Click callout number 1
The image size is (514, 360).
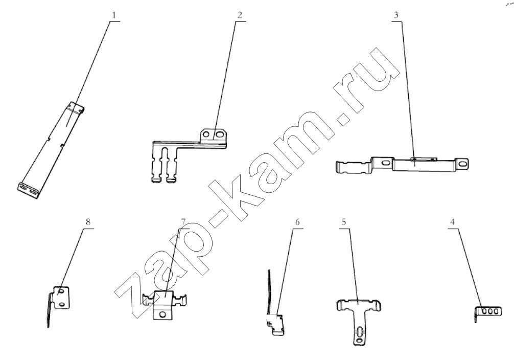click(x=114, y=15)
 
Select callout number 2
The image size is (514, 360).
click(x=240, y=15)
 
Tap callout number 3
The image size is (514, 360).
click(x=396, y=15)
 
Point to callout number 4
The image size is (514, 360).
click(x=452, y=222)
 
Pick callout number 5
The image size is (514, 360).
click(x=343, y=222)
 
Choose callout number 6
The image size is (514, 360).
click(x=297, y=222)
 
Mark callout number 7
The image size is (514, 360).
click(x=183, y=222)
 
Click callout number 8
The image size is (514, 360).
click(x=88, y=222)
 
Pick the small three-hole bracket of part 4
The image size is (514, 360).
click(x=488, y=312)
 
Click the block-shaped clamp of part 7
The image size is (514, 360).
click(x=164, y=304)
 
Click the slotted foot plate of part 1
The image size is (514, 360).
click(x=28, y=190)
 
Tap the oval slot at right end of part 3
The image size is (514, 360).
click(x=463, y=163)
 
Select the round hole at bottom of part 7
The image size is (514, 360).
click(x=161, y=314)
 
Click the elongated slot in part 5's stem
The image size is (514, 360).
click(x=360, y=333)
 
